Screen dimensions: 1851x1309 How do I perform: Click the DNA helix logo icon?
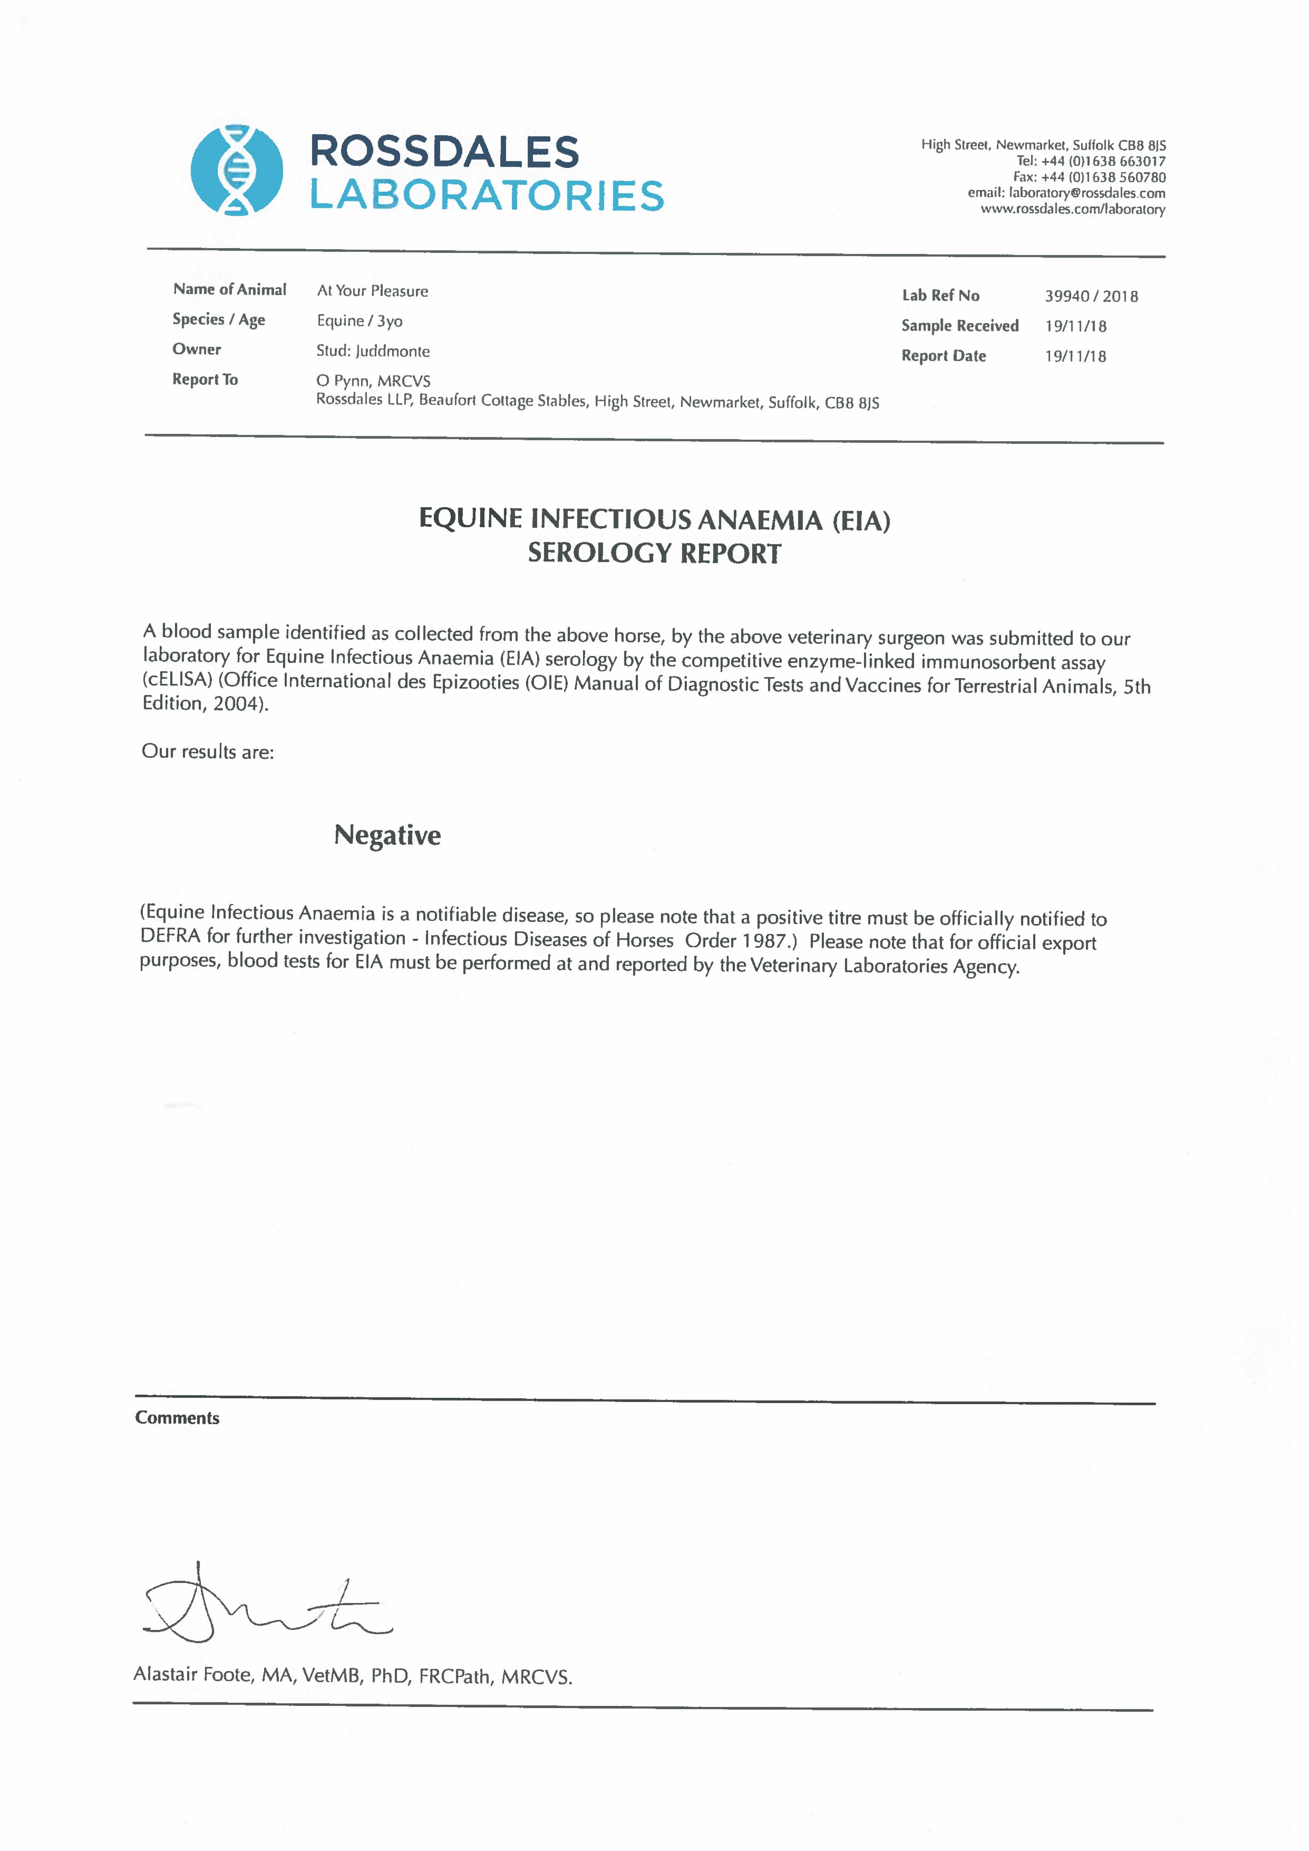tap(236, 170)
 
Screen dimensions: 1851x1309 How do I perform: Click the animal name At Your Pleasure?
tap(372, 291)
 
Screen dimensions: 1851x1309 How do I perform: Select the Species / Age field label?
tap(219, 319)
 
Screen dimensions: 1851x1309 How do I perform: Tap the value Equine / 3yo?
tap(360, 321)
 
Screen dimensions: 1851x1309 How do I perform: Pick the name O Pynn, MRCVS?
tap(373, 381)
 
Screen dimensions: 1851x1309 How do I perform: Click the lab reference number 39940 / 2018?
tap(1092, 296)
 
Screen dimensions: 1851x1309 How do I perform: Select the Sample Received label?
tap(960, 326)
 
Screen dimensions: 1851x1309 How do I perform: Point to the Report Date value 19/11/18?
tap(1075, 356)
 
